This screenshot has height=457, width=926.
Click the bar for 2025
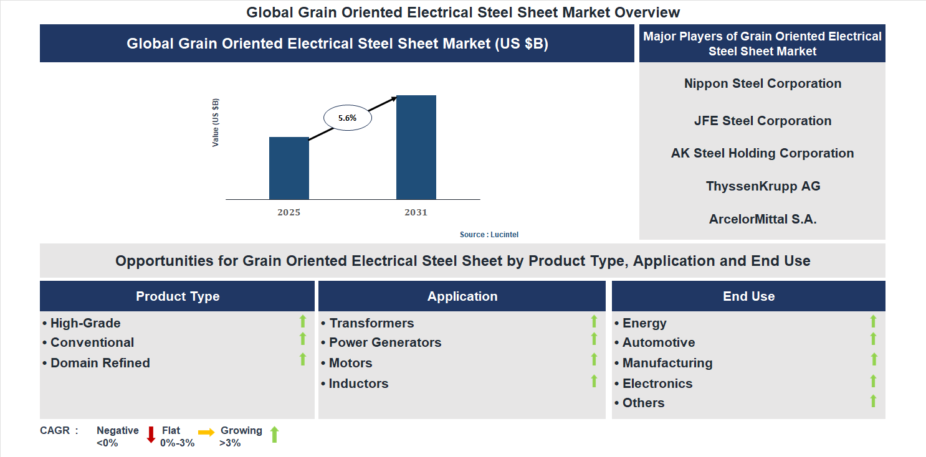pyautogui.click(x=289, y=168)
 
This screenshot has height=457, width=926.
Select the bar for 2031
pyautogui.click(x=416, y=148)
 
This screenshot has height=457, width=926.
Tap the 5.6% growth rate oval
pyautogui.click(x=347, y=118)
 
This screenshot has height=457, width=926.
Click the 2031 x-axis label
pyautogui.click(x=416, y=212)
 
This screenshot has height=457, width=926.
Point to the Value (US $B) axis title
pyautogui.click(x=216, y=123)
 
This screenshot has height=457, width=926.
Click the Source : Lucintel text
pyautogui.click(x=489, y=235)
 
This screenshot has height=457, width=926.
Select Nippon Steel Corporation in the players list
pyautogui.click(x=762, y=83)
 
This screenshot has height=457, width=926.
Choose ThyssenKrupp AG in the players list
pyautogui.click(x=763, y=186)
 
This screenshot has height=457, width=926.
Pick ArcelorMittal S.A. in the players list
pyautogui.click(x=762, y=219)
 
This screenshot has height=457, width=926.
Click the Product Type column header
pyautogui.click(x=178, y=296)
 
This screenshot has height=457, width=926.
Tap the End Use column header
pyautogui.click(x=748, y=296)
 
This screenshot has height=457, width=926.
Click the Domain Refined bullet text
pyautogui.click(x=100, y=363)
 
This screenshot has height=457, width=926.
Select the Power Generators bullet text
pyautogui.click(x=384, y=342)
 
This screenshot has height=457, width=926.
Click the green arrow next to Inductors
pyautogui.click(x=594, y=381)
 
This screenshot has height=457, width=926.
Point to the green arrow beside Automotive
pyautogui.click(x=873, y=339)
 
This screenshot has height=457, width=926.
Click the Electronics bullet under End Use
pyautogui.click(x=657, y=384)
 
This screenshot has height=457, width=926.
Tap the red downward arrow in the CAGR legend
pyautogui.click(x=151, y=435)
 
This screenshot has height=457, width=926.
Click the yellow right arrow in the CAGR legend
pyautogui.click(x=206, y=432)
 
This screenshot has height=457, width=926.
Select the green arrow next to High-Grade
pyautogui.click(x=303, y=321)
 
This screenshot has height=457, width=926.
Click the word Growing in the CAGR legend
pyautogui.click(x=241, y=430)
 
